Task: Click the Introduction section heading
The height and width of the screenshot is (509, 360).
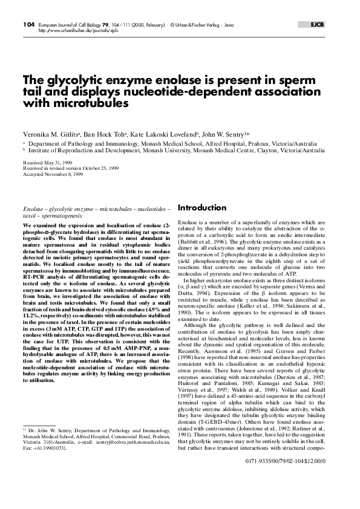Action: coord(202,208)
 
